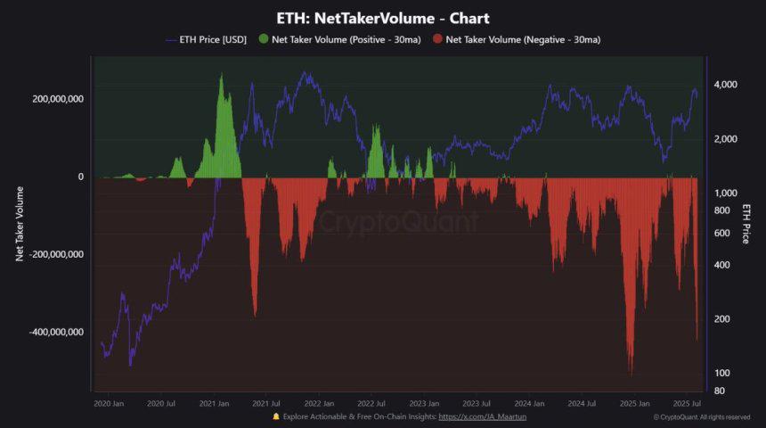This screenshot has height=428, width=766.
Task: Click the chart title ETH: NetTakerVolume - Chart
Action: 382,18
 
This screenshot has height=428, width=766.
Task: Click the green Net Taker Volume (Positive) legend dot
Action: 264,39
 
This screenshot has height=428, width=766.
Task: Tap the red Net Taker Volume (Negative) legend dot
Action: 436,39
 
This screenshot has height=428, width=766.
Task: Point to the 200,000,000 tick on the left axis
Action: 58,99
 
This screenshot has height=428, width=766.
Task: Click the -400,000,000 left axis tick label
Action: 56,332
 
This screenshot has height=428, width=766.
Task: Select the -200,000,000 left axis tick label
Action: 56,254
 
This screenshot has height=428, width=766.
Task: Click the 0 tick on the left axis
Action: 81,177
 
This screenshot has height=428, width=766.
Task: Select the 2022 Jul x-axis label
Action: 371,403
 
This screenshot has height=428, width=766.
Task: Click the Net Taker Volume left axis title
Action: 20,224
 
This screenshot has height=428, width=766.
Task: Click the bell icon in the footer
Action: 277,416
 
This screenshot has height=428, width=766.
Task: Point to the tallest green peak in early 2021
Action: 221,75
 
